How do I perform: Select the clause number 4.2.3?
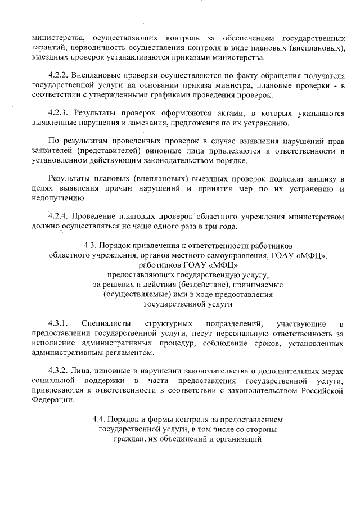click(58, 112)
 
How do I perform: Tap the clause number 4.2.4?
click(58, 216)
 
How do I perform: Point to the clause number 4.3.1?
click(58, 323)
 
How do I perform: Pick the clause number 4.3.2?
click(58, 371)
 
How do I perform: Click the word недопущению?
click(58, 197)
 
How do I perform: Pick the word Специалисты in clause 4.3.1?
click(106, 323)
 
